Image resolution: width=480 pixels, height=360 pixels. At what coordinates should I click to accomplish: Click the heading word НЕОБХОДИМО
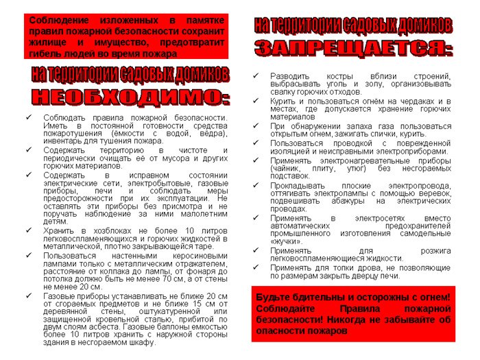[x=130, y=96]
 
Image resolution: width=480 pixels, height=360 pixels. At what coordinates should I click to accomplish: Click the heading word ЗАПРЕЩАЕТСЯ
[x=353, y=49]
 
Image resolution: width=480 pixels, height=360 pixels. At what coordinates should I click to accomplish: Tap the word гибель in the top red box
[x=48, y=53]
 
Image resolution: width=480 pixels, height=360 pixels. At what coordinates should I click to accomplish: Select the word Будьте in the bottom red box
[x=274, y=297]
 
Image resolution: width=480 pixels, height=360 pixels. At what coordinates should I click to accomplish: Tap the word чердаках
[x=409, y=101]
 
